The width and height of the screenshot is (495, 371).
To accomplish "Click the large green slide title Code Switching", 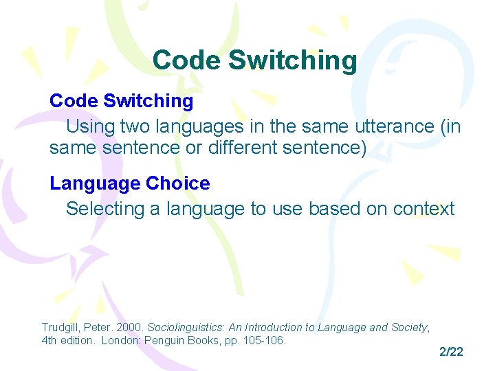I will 254,60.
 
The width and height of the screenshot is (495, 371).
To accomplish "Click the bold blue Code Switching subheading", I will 121,101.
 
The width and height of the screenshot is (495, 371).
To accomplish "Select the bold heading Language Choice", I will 129,183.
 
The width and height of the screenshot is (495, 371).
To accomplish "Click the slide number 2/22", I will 451,352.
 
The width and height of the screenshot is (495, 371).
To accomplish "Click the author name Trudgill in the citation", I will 60,328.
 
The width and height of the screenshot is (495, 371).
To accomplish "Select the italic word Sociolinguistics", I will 181,328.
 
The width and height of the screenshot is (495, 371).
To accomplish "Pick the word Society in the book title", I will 409,328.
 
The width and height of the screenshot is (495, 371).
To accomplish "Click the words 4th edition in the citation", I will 69,340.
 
